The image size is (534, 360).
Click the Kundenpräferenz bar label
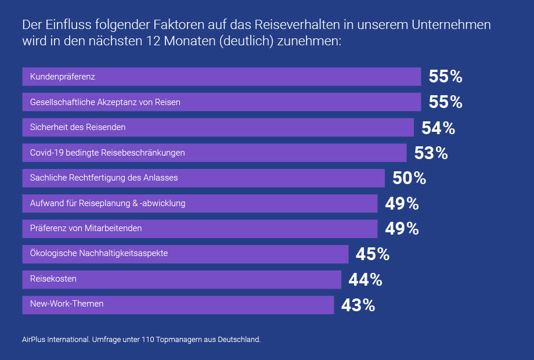63,77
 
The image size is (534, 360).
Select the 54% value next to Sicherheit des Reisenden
438,128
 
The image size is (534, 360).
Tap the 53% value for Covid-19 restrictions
431,153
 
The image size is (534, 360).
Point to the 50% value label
409,178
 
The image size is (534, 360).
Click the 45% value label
373,254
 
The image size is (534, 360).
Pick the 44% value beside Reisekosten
365,280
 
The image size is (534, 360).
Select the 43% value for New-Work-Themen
358,305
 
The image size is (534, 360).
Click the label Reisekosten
53,279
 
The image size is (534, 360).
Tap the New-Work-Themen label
67,304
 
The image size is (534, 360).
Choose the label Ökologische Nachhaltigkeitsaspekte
99,254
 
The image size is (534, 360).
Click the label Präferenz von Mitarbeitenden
86,229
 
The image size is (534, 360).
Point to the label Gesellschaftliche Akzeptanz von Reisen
105,102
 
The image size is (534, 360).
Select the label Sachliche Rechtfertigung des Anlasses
104,178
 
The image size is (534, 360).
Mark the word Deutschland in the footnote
239,339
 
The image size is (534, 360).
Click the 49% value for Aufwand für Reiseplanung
402,204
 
